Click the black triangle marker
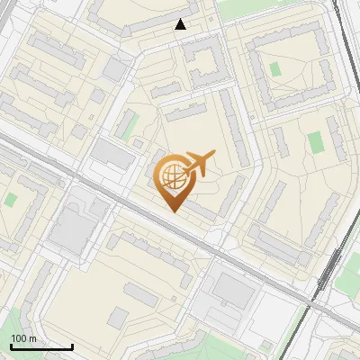(x=181, y=24)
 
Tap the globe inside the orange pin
(x=172, y=175)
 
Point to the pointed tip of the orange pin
(x=172, y=211)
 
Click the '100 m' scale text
(x=23, y=338)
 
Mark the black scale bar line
(x=41, y=346)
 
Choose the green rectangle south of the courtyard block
(x=315, y=142)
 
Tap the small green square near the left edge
(x=11, y=197)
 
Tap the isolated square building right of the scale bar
(x=119, y=316)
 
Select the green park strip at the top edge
(x=243, y=8)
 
